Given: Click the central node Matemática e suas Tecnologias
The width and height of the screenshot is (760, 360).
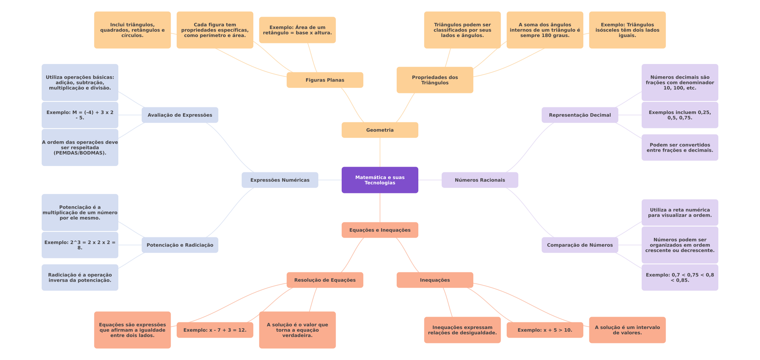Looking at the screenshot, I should (x=380, y=180).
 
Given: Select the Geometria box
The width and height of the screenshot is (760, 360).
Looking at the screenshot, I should (x=380, y=130).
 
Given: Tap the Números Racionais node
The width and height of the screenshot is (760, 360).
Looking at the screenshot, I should (x=480, y=180).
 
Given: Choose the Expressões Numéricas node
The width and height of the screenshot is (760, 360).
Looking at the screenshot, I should (x=280, y=180).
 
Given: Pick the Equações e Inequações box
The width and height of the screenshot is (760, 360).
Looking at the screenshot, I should (x=380, y=230).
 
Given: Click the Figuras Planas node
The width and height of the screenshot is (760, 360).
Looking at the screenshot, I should (x=325, y=80).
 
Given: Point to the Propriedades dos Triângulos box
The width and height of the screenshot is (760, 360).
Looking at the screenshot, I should (x=435, y=80).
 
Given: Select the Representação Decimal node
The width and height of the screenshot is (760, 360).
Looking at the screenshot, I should (x=580, y=115).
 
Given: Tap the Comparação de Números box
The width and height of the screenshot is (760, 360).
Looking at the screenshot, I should (x=580, y=245).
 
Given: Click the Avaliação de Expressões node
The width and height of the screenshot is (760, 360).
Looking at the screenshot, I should (x=180, y=115).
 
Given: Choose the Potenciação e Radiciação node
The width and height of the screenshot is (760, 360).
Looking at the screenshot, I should (x=180, y=245).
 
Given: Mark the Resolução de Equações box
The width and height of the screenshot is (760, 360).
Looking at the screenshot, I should (x=325, y=280).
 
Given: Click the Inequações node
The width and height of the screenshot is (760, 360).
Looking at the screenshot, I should (x=435, y=280).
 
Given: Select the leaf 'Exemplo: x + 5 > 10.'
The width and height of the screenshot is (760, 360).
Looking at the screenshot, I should (x=545, y=330).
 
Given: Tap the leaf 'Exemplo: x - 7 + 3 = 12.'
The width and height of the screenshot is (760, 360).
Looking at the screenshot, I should (x=215, y=330).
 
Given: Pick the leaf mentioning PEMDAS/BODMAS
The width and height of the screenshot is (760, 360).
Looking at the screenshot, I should (x=80, y=147).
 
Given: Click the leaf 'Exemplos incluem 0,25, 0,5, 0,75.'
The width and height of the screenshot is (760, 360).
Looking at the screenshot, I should (x=680, y=115).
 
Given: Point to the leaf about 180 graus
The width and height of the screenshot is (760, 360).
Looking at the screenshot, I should (x=545, y=30).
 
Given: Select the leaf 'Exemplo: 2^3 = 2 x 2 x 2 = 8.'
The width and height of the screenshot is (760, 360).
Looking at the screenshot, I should (x=80, y=245).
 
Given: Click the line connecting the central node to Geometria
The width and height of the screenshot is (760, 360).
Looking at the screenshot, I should (x=380, y=152).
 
